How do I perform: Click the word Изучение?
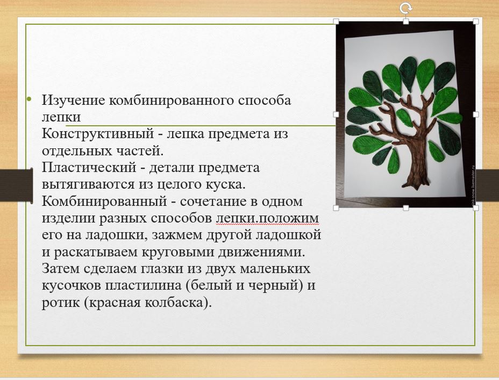73,101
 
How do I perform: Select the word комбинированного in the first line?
172,101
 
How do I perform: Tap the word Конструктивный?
98,134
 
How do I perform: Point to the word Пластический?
89,167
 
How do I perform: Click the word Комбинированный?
104,202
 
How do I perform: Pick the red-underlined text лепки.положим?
267,218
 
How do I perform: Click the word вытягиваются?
88,184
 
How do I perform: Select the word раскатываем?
96,252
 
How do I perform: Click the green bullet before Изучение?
30,99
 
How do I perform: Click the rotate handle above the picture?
405,8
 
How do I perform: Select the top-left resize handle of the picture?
336,21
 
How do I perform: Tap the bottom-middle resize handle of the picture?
406,207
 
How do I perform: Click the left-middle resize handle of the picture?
336,114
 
